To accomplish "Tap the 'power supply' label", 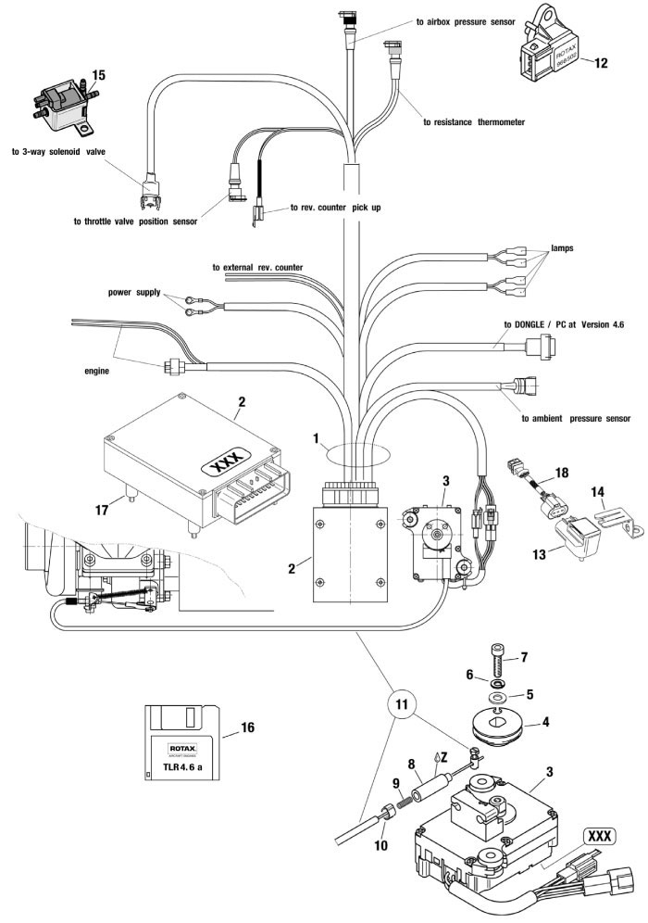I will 134,292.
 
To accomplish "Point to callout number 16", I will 247,728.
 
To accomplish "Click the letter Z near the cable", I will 444,756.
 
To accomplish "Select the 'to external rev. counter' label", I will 257,267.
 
